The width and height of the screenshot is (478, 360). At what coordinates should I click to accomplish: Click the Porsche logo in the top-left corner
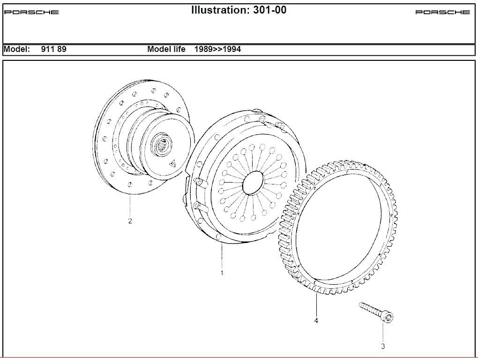(31, 12)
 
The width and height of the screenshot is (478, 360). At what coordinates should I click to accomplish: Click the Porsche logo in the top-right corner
(443, 12)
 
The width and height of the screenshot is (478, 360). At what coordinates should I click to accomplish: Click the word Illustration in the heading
(221, 10)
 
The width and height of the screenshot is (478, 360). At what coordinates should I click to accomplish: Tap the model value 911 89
(53, 49)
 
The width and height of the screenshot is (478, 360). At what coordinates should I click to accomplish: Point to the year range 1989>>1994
(217, 49)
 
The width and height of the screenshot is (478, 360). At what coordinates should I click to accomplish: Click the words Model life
(166, 49)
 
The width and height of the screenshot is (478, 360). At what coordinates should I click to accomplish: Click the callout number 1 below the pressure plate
(222, 273)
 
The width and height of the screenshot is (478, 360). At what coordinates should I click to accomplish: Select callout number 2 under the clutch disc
(130, 221)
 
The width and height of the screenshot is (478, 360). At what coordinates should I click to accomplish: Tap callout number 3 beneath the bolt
(383, 346)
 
